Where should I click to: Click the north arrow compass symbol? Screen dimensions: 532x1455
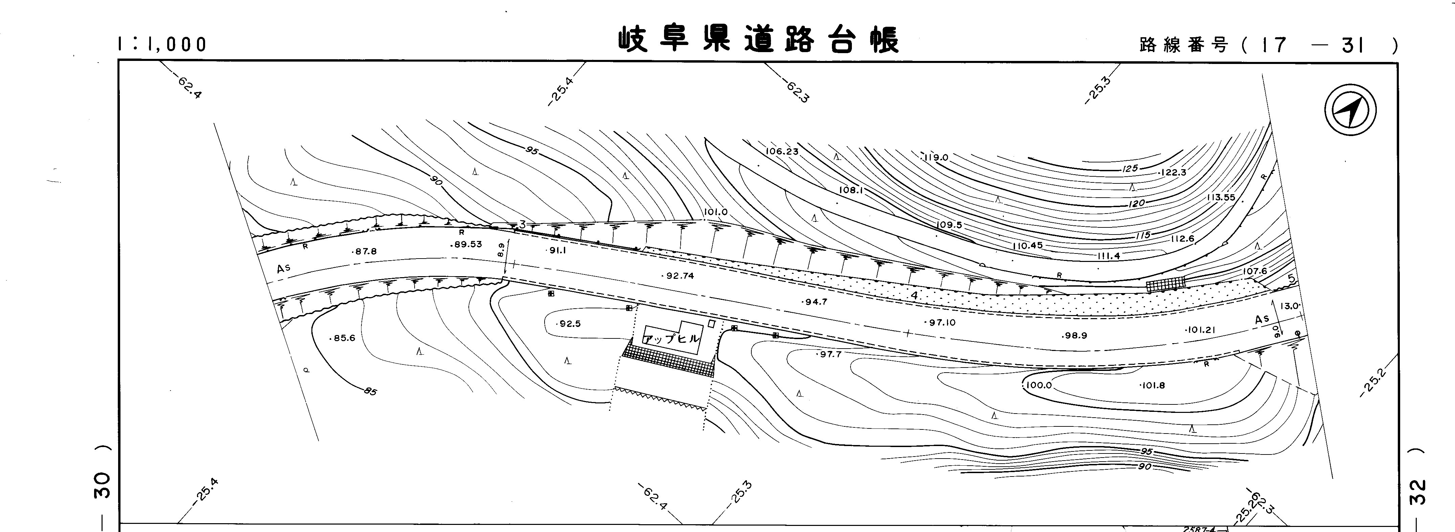click(x=1350, y=109)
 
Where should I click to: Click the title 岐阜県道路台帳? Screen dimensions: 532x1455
click(x=758, y=40)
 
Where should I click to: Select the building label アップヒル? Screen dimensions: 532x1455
click(x=671, y=339)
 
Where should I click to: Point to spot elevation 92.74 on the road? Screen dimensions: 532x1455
click(x=680, y=276)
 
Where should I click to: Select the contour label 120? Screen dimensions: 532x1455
click(x=1137, y=203)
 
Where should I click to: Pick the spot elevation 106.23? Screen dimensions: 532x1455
click(x=782, y=151)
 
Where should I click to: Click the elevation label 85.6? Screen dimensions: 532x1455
click(x=343, y=338)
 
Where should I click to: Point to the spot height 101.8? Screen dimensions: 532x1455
click(x=1153, y=386)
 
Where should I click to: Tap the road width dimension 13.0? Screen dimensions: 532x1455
click(x=1289, y=306)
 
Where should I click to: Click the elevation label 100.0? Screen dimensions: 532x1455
click(x=1038, y=386)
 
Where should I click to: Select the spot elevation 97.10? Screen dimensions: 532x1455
click(x=941, y=323)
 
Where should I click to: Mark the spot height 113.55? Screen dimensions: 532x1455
click(x=1221, y=198)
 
